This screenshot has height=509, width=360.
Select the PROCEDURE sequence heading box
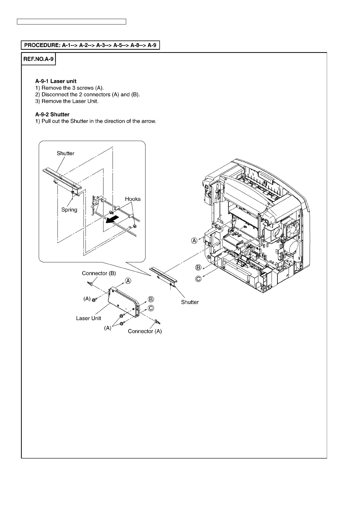coord(90,45)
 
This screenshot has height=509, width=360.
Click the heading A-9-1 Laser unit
coord(56,81)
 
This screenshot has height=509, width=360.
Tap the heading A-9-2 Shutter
coord(52,114)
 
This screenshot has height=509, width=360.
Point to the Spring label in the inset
coord(69,210)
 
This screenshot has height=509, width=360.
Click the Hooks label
coord(133,199)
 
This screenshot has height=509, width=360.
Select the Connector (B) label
coord(99,273)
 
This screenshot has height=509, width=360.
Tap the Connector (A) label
coord(145,331)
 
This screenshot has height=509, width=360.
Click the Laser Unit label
coord(88,318)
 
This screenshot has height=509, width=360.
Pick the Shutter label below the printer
coord(190,302)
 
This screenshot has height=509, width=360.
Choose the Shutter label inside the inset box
coord(66,153)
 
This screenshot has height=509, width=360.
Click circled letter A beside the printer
coord(194,241)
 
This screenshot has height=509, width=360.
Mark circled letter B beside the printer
coord(198,267)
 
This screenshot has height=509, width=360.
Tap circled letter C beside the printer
coord(198,279)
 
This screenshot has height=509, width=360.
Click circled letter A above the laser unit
coord(129,281)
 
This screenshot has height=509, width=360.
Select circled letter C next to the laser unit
coord(151,308)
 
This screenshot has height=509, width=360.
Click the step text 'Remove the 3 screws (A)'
coord(72,88)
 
